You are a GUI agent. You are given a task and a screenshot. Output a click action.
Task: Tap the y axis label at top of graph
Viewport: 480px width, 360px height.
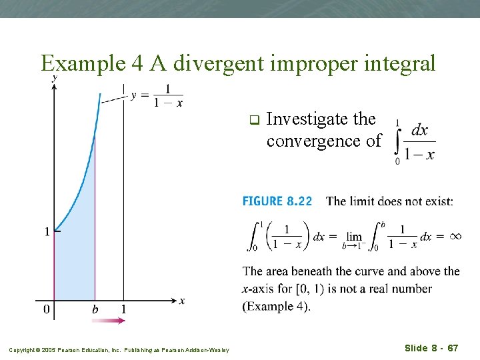coord(54,79)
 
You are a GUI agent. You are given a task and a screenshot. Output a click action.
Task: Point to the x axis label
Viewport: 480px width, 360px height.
coord(182,301)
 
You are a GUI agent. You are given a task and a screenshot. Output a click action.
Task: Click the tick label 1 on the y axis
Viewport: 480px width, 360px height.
coord(47,232)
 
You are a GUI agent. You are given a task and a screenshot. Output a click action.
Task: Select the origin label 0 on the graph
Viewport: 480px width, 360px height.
coord(46,310)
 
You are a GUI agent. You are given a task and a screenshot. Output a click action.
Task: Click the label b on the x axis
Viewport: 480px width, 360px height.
coord(95,310)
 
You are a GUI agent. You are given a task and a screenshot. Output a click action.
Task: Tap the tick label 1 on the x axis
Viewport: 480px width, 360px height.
coord(123,310)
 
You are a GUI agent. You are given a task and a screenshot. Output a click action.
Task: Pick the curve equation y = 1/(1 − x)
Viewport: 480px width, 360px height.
coord(157,95)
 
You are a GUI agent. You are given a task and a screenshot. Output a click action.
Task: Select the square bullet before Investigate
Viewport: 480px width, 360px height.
coord(253,121)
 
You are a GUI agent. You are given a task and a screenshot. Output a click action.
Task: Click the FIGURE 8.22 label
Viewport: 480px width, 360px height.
coord(277,201)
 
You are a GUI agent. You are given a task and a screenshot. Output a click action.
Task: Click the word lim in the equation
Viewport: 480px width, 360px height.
coord(354,237)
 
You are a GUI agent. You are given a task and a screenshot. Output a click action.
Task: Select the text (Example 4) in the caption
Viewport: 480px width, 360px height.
coord(276,306)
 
